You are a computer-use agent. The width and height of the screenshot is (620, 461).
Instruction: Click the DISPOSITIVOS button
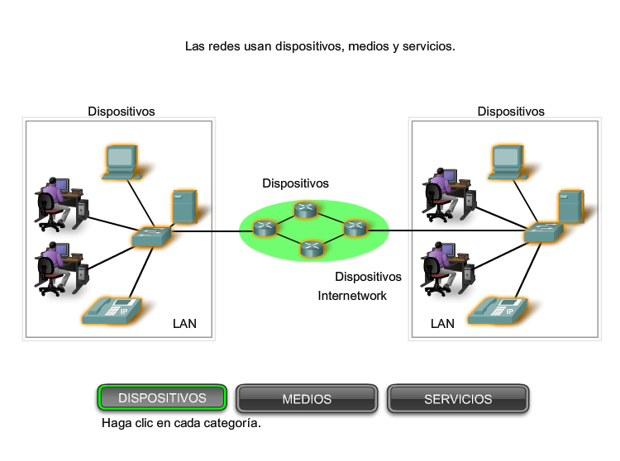pyautogui.click(x=162, y=398)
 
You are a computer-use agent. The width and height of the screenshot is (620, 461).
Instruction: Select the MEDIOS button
pyautogui.click(x=307, y=399)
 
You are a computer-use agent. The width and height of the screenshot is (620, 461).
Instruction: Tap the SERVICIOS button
pyautogui.click(x=458, y=399)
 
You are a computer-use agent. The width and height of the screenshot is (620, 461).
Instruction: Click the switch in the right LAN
pyautogui.click(x=543, y=234)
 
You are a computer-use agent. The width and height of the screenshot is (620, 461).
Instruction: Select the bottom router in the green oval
pyautogui.click(x=311, y=248)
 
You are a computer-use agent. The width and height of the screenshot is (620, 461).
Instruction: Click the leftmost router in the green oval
pyautogui.click(x=265, y=226)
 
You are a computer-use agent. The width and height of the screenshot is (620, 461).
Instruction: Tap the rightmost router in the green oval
pyautogui.click(x=354, y=226)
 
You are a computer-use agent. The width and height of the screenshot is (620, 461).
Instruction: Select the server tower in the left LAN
pyautogui.click(x=184, y=207)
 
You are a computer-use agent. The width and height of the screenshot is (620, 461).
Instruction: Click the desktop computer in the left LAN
pyautogui.click(x=121, y=161)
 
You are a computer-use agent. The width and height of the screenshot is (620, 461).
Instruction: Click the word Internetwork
pyautogui.click(x=352, y=295)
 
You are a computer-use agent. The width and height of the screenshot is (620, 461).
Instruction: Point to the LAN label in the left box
pyautogui.click(x=184, y=323)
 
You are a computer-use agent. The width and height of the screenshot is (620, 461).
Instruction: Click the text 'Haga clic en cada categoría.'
pyautogui.click(x=181, y=423)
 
